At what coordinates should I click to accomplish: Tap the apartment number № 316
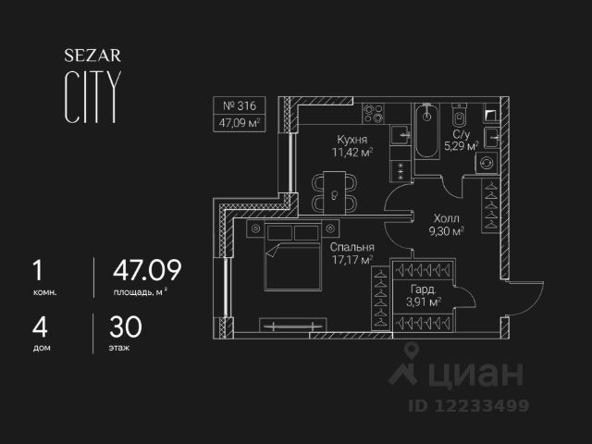pos(239,105)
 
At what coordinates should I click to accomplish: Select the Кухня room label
pos(352,139)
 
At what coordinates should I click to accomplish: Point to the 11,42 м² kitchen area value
pos(353,153)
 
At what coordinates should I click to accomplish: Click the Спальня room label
pos(351,248)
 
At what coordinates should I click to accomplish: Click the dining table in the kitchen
pos(330,191)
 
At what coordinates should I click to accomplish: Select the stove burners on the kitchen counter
pos(374,114)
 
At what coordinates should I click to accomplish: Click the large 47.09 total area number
pos(146,271)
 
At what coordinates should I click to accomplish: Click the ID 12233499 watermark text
pos(469,405)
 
